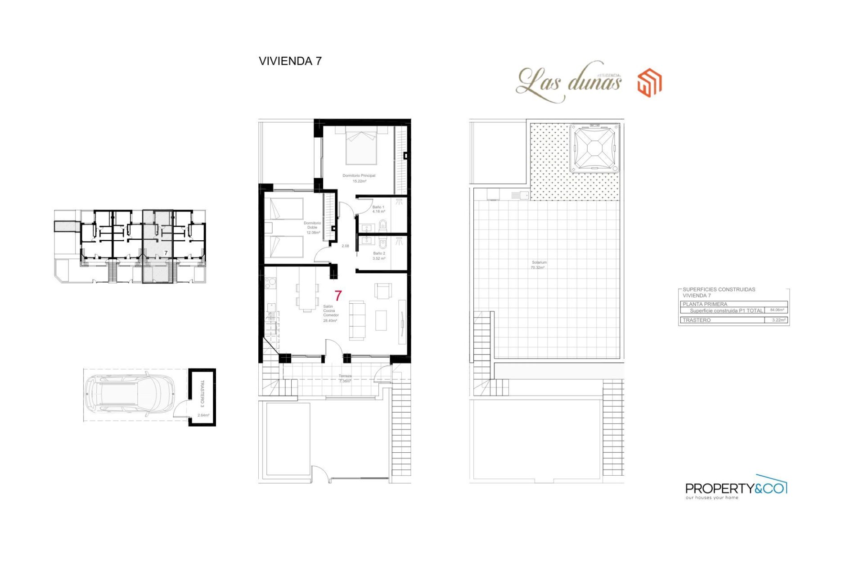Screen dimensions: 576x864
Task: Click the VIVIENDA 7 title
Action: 290,61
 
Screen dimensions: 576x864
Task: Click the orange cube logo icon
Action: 649,83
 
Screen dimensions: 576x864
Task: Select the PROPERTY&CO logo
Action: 735,488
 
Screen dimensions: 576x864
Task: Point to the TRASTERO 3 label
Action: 202,394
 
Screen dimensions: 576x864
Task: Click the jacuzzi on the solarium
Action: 594,148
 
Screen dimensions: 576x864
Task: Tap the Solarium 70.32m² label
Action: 539,265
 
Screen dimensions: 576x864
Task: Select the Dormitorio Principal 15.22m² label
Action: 359,178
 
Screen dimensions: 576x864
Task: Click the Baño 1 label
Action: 378,209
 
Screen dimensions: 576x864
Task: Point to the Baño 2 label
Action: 379,256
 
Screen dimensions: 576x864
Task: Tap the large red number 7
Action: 338,296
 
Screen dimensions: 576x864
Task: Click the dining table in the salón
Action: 307,297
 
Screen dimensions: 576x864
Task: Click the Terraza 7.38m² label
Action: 345,378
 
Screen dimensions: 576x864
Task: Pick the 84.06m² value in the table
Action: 777,310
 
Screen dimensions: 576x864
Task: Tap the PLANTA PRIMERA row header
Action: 705,304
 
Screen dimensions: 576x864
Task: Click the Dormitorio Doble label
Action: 312,227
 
